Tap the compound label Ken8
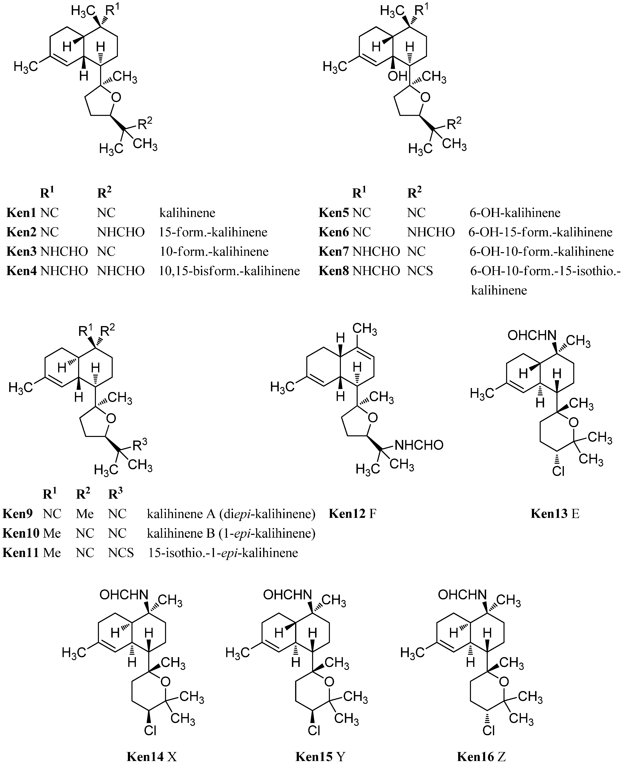[333, 271]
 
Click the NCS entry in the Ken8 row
[420, 271]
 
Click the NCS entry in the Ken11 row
[121, 552]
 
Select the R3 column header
[115, 494]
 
